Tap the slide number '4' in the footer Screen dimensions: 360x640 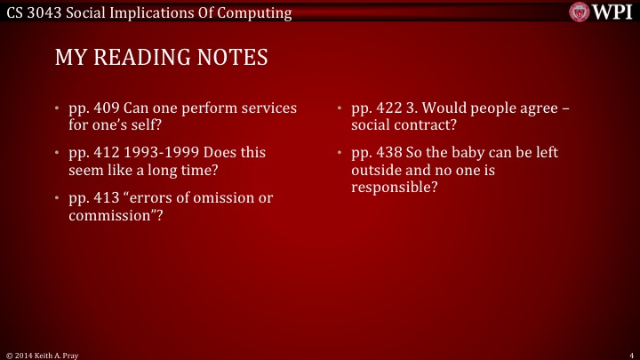pos(629,354)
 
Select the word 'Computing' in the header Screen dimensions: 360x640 pos(259,12)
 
